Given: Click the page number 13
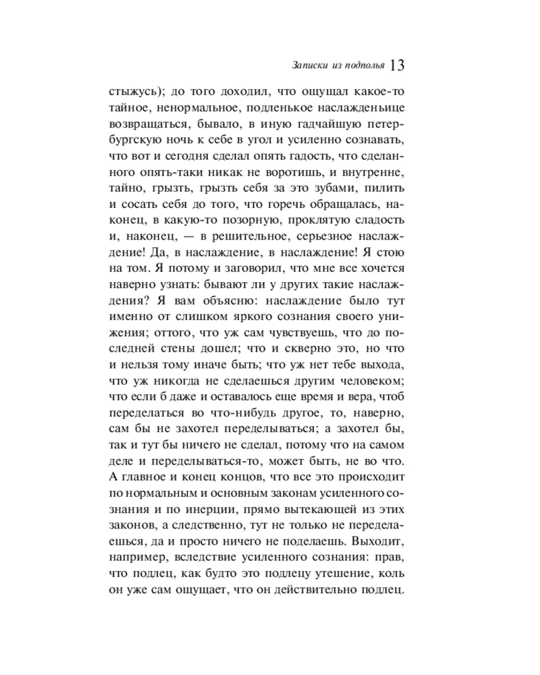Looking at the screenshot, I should pos(396,65).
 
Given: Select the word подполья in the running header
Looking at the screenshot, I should pos(365,66).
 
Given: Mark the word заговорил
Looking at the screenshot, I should pos(223,272).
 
